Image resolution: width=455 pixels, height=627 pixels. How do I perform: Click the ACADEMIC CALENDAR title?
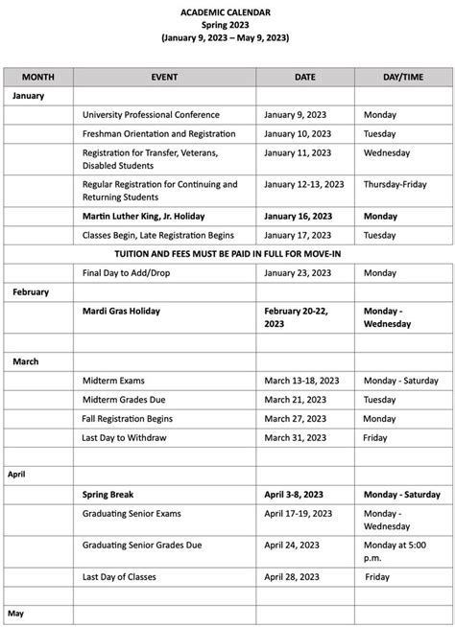(227, 11)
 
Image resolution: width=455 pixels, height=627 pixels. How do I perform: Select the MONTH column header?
(38, 76)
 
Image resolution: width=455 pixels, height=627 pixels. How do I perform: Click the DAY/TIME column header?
(402, 76)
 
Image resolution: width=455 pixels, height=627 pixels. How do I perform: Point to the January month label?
(29, 96)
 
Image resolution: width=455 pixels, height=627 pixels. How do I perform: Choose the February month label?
(31, 291)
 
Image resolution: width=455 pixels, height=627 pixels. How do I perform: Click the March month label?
(26, 361)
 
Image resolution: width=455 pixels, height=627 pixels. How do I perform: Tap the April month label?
(18, 474)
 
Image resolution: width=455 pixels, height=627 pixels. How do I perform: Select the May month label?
(15, 612)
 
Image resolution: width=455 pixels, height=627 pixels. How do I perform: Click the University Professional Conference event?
(151, 115)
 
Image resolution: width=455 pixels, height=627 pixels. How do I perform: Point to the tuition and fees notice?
(227, 253)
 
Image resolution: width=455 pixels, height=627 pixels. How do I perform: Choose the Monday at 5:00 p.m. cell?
(395, 551)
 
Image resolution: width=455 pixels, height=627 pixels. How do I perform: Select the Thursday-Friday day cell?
(401, 184)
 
